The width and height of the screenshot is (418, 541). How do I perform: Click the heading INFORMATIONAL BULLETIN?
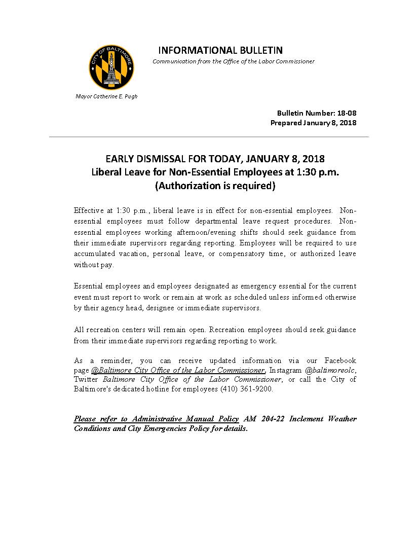point(220,50)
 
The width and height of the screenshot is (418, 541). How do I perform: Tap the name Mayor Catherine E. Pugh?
point(106,96)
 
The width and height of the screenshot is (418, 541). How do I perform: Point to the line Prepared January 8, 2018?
point(313,123)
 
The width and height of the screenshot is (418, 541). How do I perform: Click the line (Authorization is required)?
point(215,186)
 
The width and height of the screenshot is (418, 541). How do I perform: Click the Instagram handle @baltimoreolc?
point(330,370)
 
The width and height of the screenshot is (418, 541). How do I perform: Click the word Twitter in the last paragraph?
point(87,379)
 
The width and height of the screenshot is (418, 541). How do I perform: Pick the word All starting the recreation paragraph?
point(79,330)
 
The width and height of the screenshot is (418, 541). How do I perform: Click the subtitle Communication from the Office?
point(233,61)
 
